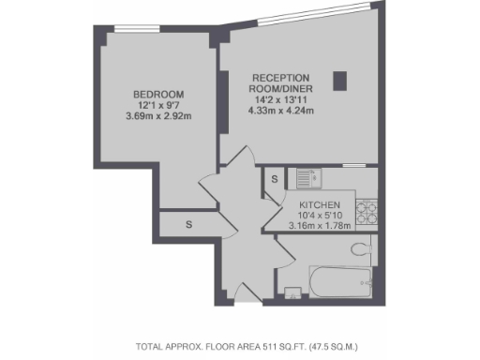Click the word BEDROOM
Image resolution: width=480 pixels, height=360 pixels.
[158, 95]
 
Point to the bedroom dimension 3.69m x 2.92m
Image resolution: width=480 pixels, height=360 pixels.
[158, 117]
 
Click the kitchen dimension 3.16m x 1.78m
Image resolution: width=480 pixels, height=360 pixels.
[319, 225]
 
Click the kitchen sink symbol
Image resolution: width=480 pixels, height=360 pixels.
[306, 177]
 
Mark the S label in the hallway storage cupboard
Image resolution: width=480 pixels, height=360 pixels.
[188, 225]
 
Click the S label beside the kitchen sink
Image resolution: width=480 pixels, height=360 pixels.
[275, 178]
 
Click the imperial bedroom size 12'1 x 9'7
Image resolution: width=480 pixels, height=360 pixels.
[158, 106]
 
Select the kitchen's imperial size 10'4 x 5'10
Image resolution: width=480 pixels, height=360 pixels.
[319, 215]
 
